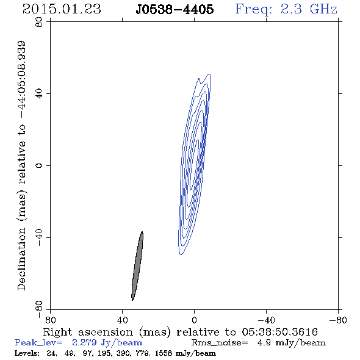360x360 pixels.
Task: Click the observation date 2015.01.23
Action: pyautogui.click(x=62, y=9)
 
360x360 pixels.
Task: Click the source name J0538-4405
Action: pyautogui.click(x=175, y=10)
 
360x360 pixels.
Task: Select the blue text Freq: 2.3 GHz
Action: pyautogui.click(x=286, y=9)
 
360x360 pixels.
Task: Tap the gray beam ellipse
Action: pyautogui.click(x=137, y=266)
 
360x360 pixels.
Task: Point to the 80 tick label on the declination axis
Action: pyautogui.click(x=39, y=22)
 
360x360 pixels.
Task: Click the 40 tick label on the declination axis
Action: pyautogui.click(x=39, y=94)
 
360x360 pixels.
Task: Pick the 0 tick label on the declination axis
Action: pyautogui.click(x=39, y=165)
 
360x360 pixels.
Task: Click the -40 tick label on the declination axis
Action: pyautogui.click(x=39, y=237)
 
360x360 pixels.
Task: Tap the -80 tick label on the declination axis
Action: pyautogui.click(x=39, y=309)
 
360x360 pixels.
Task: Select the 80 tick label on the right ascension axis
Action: pyautogui.click(x=50, y=320)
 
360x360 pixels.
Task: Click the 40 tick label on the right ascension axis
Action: pyautogui.click(x=122, y=320)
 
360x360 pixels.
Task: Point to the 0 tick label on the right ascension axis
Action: pyautogui.click(x=194, y=320)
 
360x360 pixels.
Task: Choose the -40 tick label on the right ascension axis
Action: pyautogui.click(x=266, y=320)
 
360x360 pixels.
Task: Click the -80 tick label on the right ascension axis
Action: pyautogui.click(x=338, y=320)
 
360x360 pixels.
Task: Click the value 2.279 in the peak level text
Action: pyautogui.click(x=84, y=342)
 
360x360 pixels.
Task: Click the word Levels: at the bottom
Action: pyautogui.click(x=27, y=353)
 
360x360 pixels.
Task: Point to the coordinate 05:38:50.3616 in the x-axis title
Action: pyautogui.click(x=279, y=332)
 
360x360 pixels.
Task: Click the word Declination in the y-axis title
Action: pyautogui.click(x=21, y=259)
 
